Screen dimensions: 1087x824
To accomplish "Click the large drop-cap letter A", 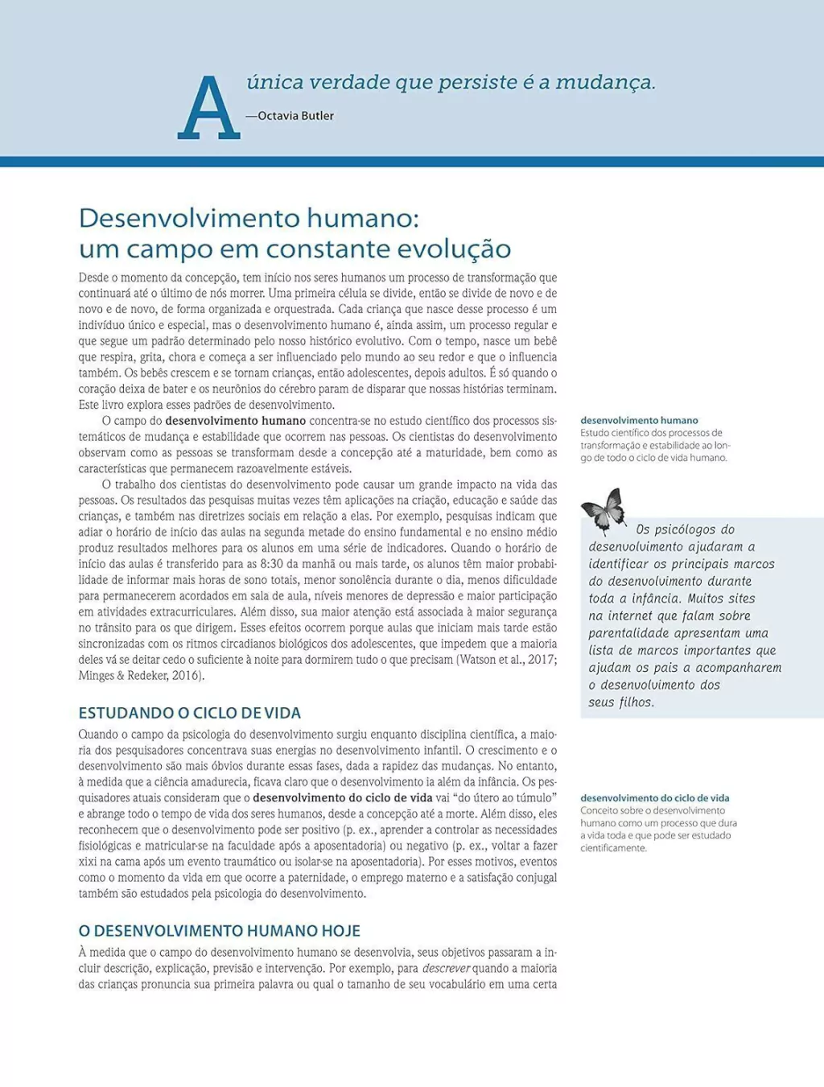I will [208, 109].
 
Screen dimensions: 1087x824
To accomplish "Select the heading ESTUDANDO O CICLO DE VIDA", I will [189, 713].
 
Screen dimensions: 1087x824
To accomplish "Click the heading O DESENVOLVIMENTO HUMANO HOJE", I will [219, 931].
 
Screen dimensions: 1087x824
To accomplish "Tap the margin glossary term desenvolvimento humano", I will [639, 420].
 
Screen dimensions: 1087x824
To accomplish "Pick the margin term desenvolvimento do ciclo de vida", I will [655, 798].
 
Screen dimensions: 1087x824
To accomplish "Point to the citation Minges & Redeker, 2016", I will [140, 676].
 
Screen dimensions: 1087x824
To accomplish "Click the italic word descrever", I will [446, 969].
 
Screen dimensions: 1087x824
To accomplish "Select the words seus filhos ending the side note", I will [621, 702].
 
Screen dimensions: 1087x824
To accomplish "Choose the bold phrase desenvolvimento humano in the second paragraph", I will [235, 421].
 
